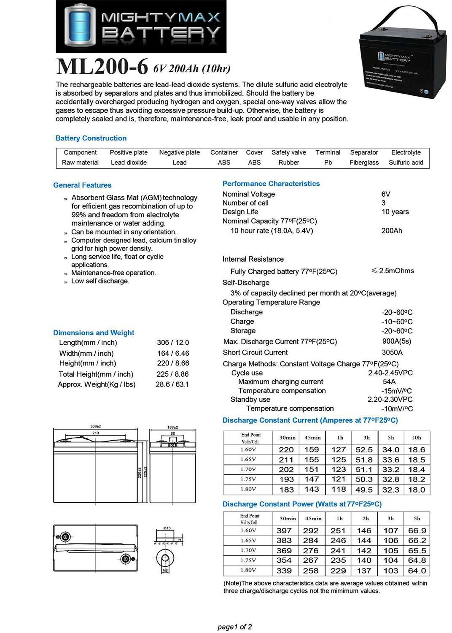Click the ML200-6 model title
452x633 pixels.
click(x=102, y=67)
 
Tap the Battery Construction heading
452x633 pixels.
click(x=91, y=138)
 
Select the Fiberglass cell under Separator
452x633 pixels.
click(x=364, y=162)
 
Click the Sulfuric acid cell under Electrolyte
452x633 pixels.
click(x=406, y=162)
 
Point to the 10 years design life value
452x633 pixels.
click(x=395, y=212)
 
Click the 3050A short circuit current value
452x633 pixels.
click(x=392, y=352)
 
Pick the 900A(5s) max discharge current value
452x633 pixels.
click(x=396, y=341)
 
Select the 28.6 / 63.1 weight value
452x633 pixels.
click(x=172, y=384)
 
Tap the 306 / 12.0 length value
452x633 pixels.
click(x=173, y=343)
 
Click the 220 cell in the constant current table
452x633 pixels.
click(x=286, y=450)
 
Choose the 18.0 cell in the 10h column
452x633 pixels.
click(x=417, y=490)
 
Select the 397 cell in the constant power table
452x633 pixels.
click(x=284, y=531)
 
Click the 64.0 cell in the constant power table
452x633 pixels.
click(x=417, y=571)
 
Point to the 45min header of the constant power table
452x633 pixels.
click(x=313, y=519)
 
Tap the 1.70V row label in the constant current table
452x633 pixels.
click(x=248, y=469)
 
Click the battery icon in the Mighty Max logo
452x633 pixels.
click(x=79, y=26)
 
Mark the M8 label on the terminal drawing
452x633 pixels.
click(x=165, y=570)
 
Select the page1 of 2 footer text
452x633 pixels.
click(x=234, y=627)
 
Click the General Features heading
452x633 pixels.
click(x=82, y=185)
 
